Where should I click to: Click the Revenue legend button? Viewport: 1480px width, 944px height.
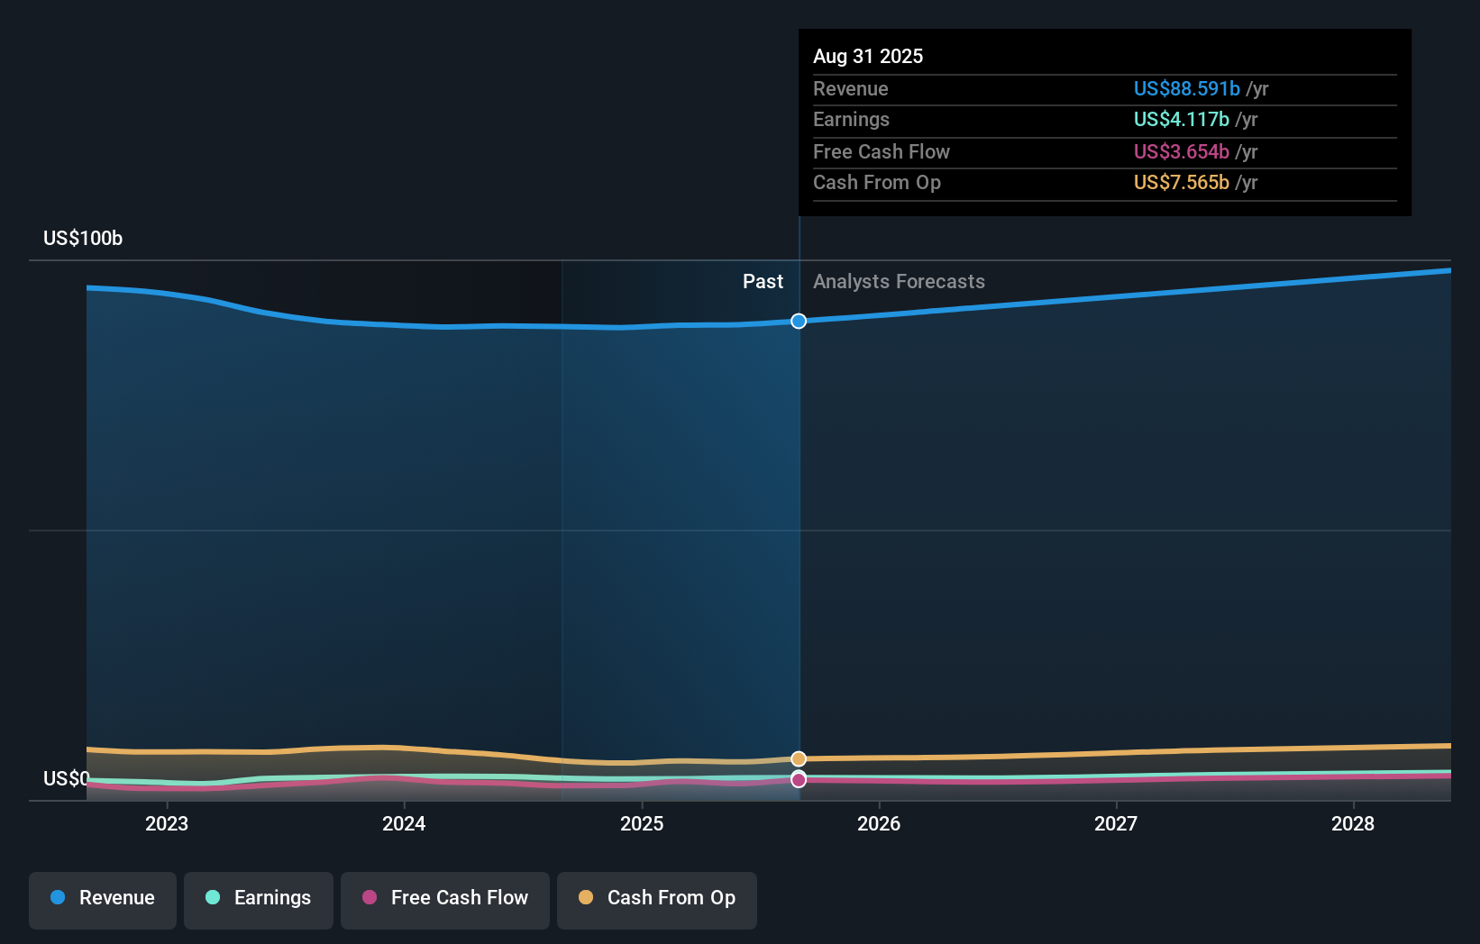tap(103, 898)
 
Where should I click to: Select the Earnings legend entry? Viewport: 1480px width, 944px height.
tap(259, 898)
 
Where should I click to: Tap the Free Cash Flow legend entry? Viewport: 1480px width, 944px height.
tap(445, 898)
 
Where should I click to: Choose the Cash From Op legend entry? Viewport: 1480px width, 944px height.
tap(657, 898)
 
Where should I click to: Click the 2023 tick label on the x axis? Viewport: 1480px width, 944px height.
tap(167, 823)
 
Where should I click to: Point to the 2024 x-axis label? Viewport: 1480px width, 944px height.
tap(404, 823)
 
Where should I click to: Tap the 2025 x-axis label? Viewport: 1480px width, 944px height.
tap(642, 823)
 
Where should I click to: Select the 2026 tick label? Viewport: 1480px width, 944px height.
tap(879, 823)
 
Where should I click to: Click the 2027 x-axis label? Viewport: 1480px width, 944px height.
tap(1116, 823)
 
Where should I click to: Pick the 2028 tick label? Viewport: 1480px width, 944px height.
tap(1353, 823)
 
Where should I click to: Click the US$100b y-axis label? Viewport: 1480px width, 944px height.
tap(83, 239)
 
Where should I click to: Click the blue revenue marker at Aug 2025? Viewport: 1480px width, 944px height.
tap(799, 322)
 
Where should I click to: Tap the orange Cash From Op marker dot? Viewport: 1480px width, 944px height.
tap(799, 759)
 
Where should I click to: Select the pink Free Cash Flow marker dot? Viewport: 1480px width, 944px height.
tap(799, 780)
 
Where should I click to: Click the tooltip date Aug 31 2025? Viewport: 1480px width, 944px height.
tap(868, 57)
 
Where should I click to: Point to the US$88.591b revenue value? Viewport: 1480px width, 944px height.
tap(1186, 89)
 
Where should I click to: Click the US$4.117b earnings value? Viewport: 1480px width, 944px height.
tap(1181, 120)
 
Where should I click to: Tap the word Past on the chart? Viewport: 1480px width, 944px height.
tap(763, 282)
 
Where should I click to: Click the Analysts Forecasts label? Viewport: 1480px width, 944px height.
tap(899, 282)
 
